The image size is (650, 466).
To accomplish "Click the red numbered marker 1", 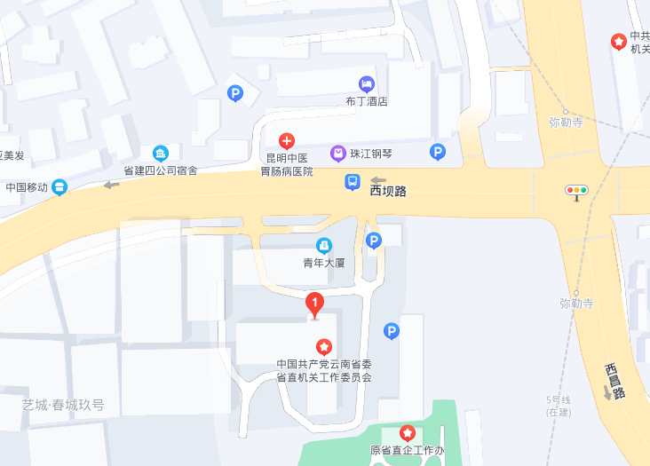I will [314, 304].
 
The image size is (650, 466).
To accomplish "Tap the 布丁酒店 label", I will [367, 101].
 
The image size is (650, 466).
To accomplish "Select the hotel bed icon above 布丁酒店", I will [367, 83].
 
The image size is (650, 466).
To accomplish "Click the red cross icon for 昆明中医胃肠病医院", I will [286, 140].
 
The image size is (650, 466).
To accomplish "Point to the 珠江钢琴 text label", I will [371, 154].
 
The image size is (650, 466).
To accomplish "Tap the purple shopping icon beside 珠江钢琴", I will [337, 154].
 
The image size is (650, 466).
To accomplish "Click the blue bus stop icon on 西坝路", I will [353, 183].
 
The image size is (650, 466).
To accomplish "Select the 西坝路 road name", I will [388, 191].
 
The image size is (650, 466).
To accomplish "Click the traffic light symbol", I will [577, 190].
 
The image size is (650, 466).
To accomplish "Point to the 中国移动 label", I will [27, 187].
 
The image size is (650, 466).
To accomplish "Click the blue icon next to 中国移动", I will [59, 186].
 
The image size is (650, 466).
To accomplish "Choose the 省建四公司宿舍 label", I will [160, 170].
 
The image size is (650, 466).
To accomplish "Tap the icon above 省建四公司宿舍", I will [160, 153].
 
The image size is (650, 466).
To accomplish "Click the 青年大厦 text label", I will [323, 263].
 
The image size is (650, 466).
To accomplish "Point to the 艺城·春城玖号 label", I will [63, 405].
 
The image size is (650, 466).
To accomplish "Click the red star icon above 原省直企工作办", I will [407, 433].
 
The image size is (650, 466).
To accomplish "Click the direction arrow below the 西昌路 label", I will [607, 392].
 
